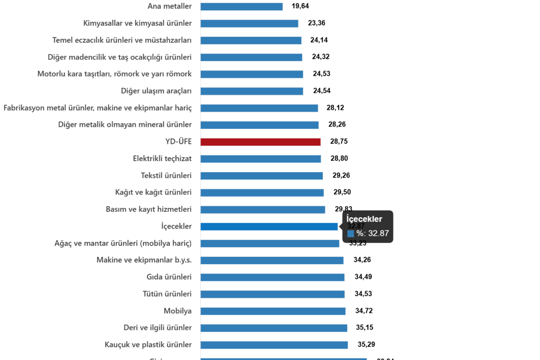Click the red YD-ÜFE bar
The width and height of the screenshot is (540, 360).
click(x=261, y=142)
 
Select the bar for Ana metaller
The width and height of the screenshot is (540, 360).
click(x=242, y=6)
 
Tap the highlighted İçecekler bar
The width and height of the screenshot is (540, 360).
click(x=269, y=226)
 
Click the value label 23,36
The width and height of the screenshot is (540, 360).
click(x=316, y=23)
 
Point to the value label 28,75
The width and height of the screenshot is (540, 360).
click(x=339, y=142)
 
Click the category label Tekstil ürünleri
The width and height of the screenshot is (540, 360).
click(x=166, y=175)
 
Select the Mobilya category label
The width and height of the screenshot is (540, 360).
click(x=178, y=311)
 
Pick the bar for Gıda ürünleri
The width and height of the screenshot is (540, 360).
click(x=272, y=277)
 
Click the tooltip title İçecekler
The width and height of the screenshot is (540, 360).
click(x=364, y=219)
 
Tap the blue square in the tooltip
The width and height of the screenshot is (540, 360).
click(x=351, y=234)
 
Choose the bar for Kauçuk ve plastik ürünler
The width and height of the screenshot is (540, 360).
click(x=274, y=345)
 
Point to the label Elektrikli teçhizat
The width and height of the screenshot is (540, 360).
click(x=162, y=158)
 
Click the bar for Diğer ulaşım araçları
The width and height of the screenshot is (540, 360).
click(x=252, y=91)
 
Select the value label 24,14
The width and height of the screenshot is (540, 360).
click(x=319, y=40)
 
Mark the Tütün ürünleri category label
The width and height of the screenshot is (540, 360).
click(x=167, y=294)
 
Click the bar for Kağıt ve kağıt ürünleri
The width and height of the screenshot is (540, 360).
click(x=262, y=193)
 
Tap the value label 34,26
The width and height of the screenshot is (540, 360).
click(x=362, y=260)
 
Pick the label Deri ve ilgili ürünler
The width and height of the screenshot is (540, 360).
click(x=157, y=328)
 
